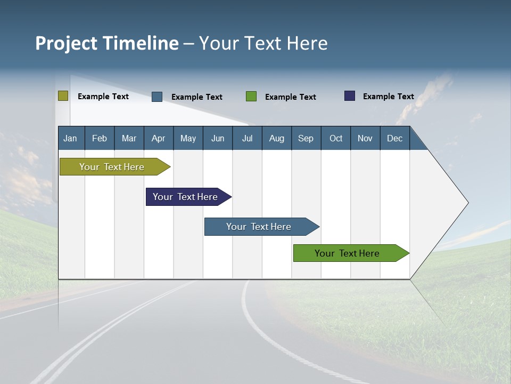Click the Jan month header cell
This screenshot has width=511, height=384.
(x=71, y=138)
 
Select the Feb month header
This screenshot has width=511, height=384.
(x=100, y=138)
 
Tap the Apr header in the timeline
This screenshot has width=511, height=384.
(x=159, y=138)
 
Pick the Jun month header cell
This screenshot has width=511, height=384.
(x=218, y=138)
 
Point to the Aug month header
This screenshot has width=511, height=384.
(x=277, y=138)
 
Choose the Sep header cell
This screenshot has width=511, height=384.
(x=306, y=138)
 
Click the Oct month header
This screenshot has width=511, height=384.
(x=336, y=138)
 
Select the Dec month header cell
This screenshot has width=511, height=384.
(x=395, y=138)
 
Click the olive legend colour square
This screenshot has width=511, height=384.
(x=63, y=96)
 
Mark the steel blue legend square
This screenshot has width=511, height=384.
(x=157, y=97)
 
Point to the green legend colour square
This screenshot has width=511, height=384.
(x=251, y=97)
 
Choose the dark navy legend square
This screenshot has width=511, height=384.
(x=350, y=96)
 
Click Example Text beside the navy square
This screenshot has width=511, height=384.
(x=388, y=97)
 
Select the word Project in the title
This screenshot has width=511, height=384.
(x=67, y=43)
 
